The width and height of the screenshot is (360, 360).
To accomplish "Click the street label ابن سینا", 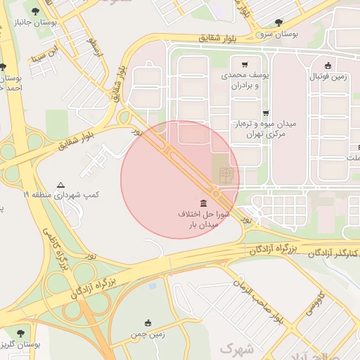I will pyautogui.click(x=40, y=55).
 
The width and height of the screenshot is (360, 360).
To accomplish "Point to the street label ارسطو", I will pyautogui.click(x=92, y=48).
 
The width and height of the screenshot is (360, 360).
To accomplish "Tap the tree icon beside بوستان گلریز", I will pyautogui.click(x=18, y=333).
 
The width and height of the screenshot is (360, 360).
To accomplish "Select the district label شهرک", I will pyautogui.click(x=235, y=348).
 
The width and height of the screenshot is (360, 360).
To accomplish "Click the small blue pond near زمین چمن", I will pyautogui.click(x=153, y=285).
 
